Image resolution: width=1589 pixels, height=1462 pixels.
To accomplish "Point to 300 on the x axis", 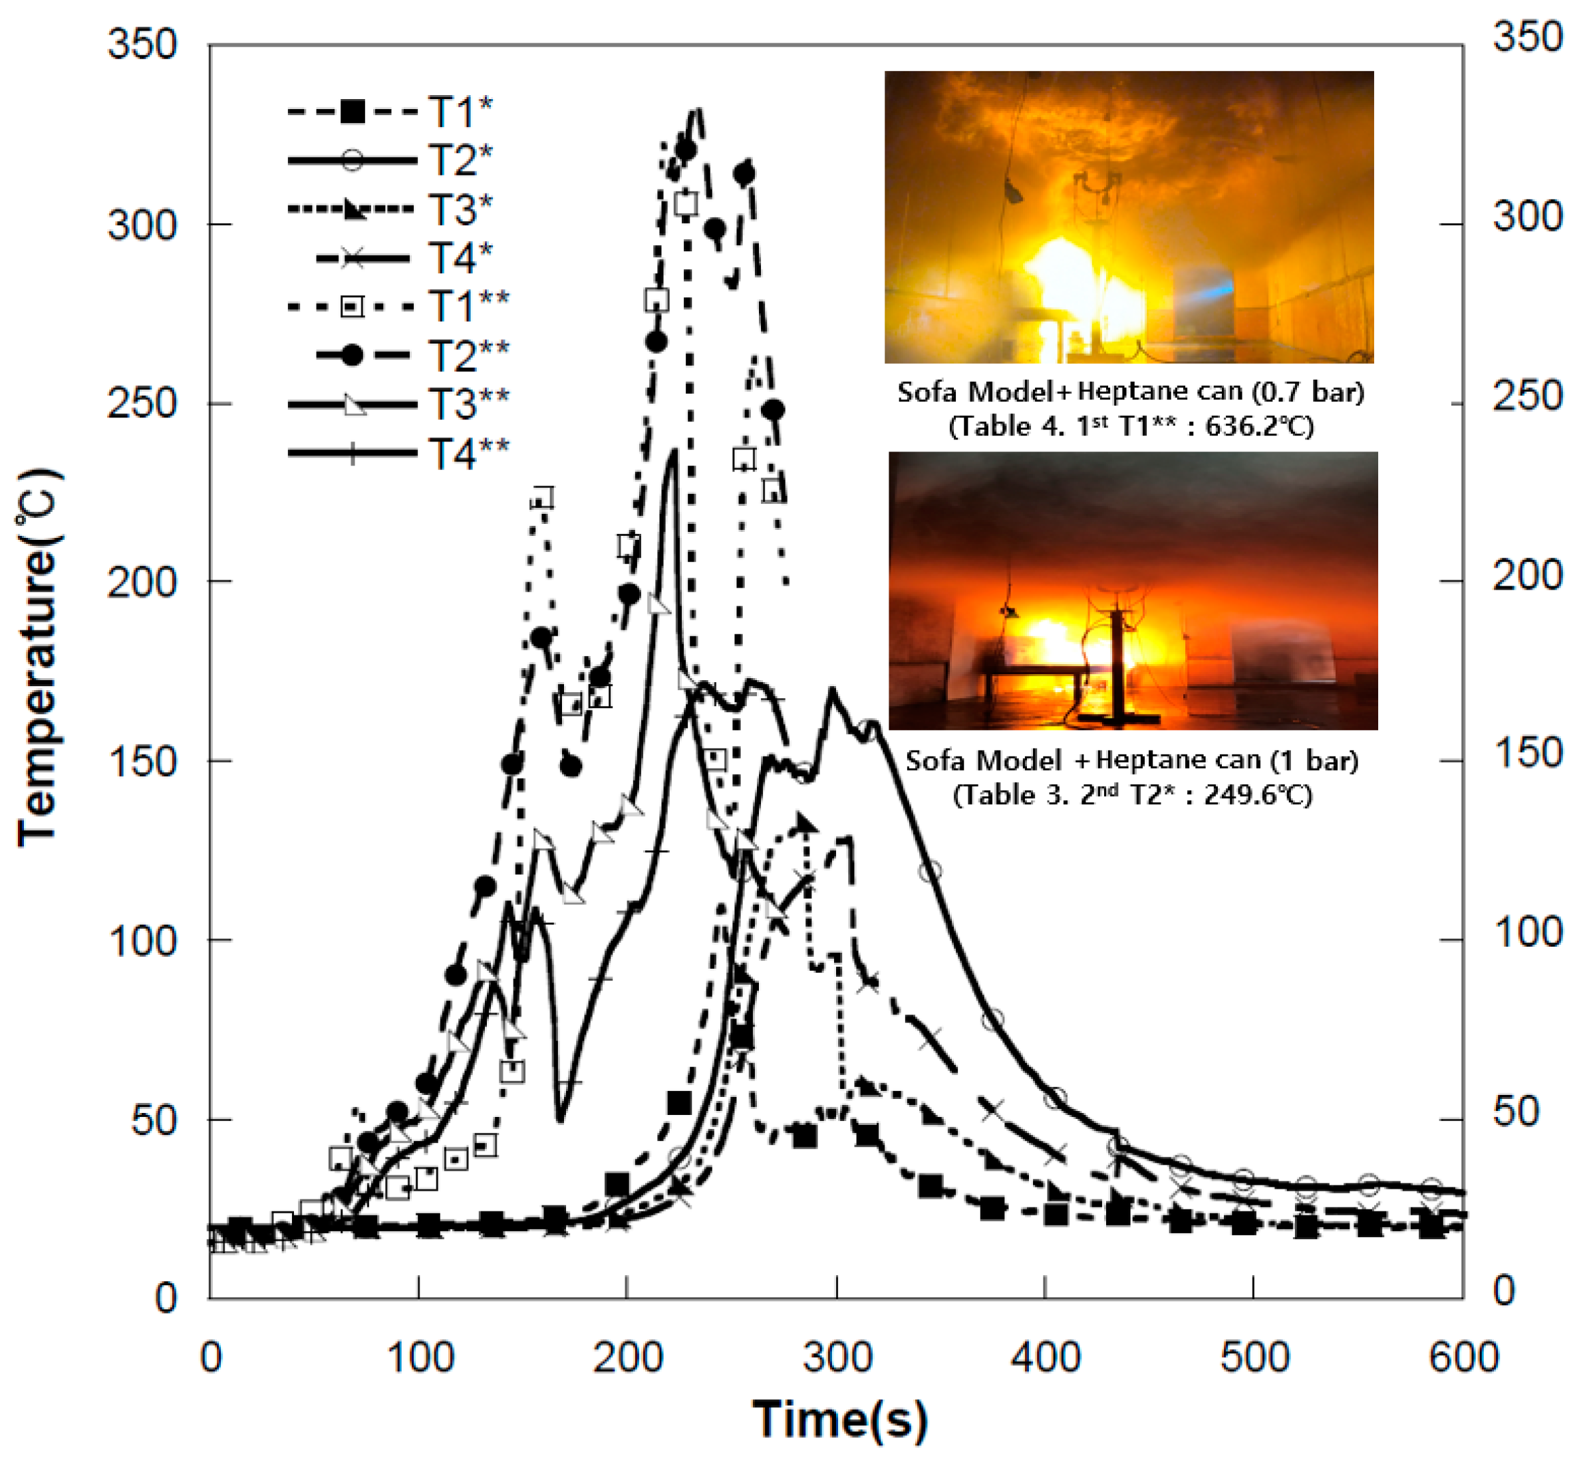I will pyautogui.click(x=837, y=1357).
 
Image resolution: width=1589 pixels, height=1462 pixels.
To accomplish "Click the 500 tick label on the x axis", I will pyautogui.click(x=1254, y=1357).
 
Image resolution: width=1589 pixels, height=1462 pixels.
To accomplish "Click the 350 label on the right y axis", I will pyautogui.click(x=1527, y=37).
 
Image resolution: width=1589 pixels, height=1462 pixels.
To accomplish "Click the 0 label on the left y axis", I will pyautogui.click(x=166, y=1298).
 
